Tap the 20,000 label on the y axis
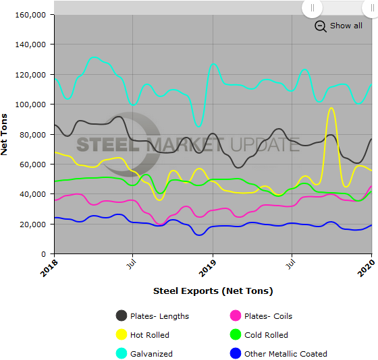pyautogui.click(x=34, y=224)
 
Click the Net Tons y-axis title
pyautogui.click(x=6, y=134)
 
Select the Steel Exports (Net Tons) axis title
pyautogui.click(x=213, y=291)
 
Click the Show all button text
pyautogui.click(x=346, y=26)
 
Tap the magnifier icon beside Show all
pyautogui.click(x=321, y=26)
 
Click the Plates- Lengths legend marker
pyautogui.click(x=122, y=316)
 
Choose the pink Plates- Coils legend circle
pyautogui.click(x=236, y=316)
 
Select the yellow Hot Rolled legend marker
pyautogui.click(x=122, y=334)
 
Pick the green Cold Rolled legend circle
pyautogui.click(x=236, y=334)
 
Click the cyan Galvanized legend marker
pyautogui.click(x=122, y=353)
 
